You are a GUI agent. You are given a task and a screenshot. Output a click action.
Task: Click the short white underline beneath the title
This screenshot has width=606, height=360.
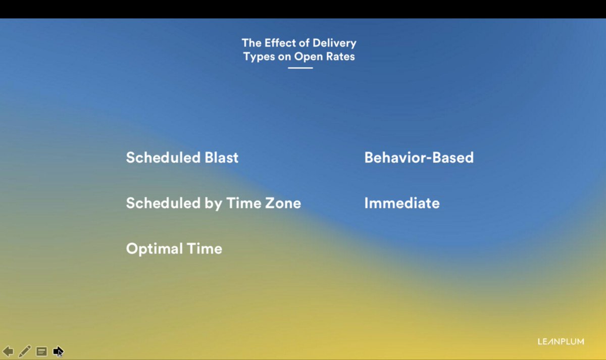coord(300,68)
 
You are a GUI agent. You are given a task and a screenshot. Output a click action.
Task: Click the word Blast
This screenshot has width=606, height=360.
coord(222,158)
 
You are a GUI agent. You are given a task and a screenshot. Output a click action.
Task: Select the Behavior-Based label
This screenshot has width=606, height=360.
coord(419,158)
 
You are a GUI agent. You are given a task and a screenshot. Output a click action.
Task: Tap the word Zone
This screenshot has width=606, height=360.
coord(283,203)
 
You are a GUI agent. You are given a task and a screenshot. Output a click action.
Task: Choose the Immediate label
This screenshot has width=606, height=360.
coord(402,203)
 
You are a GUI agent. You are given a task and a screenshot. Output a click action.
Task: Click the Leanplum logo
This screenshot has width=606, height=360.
coord(561,342)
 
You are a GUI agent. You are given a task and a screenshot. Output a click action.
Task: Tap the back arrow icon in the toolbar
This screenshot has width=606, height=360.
coord(8,351)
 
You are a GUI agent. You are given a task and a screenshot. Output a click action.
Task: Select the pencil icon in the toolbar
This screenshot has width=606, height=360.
coord(25,351)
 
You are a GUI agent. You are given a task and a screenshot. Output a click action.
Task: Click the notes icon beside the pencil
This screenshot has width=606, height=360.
coord(42,351)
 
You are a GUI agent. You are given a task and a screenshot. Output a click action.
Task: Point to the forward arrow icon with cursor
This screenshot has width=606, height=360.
coord(58,351)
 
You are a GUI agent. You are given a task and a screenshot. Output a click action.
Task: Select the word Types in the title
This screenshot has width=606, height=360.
coord(259,57)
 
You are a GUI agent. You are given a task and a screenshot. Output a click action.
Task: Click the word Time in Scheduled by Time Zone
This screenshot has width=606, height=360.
coord(244,203)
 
